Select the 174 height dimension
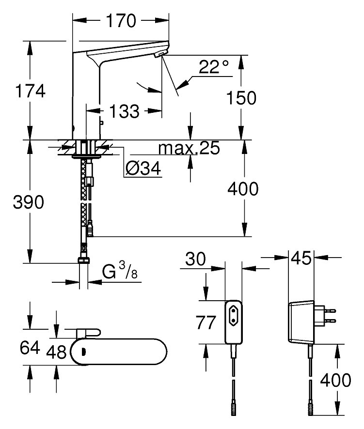point(30,91)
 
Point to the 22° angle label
point(212,67)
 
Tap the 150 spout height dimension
point(241,98)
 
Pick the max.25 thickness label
point(190,148)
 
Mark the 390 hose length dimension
point(29,202)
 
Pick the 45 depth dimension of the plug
point(301,259)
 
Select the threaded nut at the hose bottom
point(84,260)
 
